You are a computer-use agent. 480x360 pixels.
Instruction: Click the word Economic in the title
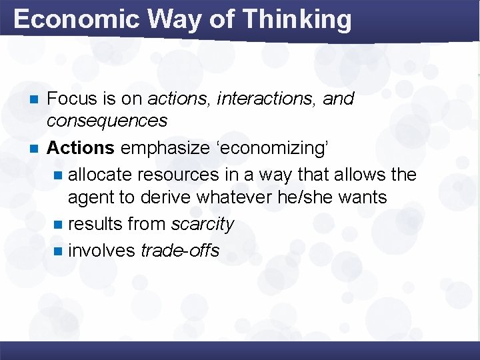[x=75, y=19]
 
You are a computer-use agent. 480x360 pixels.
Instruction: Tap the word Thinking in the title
[x=297, y=19]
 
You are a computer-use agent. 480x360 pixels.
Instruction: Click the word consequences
[x=107, y=121]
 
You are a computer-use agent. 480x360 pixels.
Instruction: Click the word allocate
[x=101, y=175]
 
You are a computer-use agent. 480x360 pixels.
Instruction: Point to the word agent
[x=91, y=197]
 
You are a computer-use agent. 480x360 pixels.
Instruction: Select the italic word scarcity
[x=202, y=225]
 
